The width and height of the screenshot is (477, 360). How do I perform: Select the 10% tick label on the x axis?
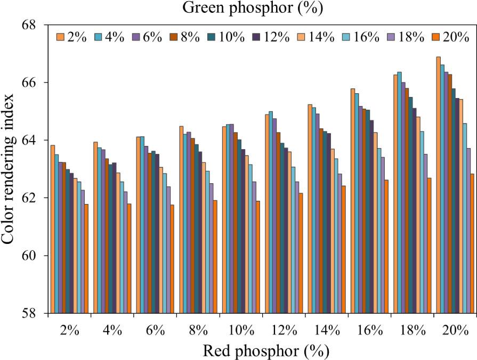point(241,330)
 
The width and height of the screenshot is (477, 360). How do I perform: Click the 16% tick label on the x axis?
point(369,330)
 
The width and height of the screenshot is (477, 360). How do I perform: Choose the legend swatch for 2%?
point(60,37)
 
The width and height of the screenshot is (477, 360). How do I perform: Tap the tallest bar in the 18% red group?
point(400,192)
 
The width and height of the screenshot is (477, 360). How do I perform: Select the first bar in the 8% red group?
point(181,219)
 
